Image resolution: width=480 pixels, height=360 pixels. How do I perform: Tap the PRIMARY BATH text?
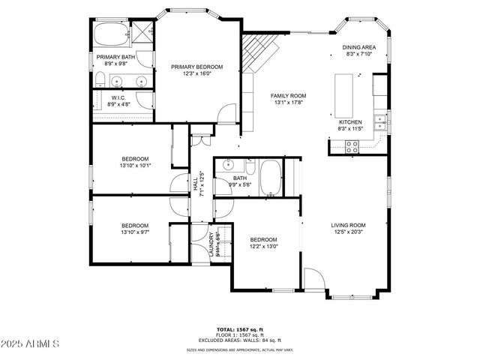pos(115,57)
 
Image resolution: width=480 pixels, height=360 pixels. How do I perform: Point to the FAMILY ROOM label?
pos(289,96)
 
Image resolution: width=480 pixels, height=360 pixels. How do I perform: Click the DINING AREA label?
pos(359,47)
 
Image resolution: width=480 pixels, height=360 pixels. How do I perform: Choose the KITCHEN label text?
pos(350,121)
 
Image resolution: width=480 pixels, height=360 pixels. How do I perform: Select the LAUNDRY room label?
pos(211,244)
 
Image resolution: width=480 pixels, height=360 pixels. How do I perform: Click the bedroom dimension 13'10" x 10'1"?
pos(135,166)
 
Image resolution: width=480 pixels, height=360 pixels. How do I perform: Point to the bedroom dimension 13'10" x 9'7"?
pos(135,232)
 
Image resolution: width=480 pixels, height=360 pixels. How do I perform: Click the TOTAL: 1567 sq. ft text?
pos(240,329)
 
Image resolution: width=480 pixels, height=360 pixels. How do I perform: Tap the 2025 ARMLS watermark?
pos(31,343)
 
